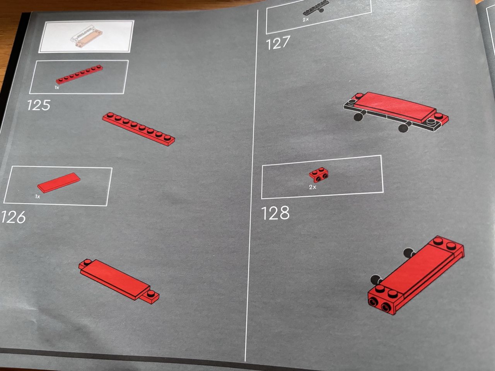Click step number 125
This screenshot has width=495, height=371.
(39, 106)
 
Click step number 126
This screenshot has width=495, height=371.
(13, 217)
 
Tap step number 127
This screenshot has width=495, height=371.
(278, 43)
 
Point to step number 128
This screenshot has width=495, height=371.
(275, 213)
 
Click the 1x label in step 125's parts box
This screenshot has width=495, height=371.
(57, 87)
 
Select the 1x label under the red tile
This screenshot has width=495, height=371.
(38, 197)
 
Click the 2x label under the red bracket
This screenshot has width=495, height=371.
(312, 187)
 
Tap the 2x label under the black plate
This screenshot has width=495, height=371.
(306, 20)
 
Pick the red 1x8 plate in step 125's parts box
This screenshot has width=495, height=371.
(79, 74)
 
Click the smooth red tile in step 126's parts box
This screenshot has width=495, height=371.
(59, 183)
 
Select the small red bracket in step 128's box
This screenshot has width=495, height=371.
(319, 175)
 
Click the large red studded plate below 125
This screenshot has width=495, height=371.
(139, 129)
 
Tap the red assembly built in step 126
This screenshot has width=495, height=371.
(119, 282)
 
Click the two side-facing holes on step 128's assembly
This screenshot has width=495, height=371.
(381, 304)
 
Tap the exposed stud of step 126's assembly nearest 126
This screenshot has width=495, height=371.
(87, 262)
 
